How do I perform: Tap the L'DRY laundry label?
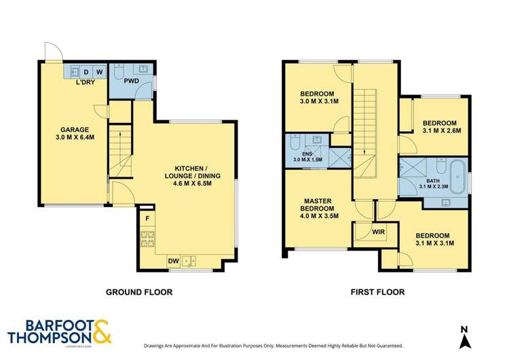(85, 82)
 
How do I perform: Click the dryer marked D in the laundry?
(86, 71)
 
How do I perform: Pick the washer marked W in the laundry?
(98, 71)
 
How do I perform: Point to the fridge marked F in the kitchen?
(147, 219)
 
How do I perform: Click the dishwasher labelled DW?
(173, 259)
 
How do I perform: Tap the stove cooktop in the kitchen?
(147, 239)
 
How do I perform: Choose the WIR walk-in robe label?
(378, 232)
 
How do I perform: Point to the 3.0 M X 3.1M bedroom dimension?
(318, 102)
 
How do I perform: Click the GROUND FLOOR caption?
(138, 292)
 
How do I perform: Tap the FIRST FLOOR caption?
(377, 292)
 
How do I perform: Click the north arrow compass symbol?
(464, 335)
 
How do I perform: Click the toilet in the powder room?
(118, 71)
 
